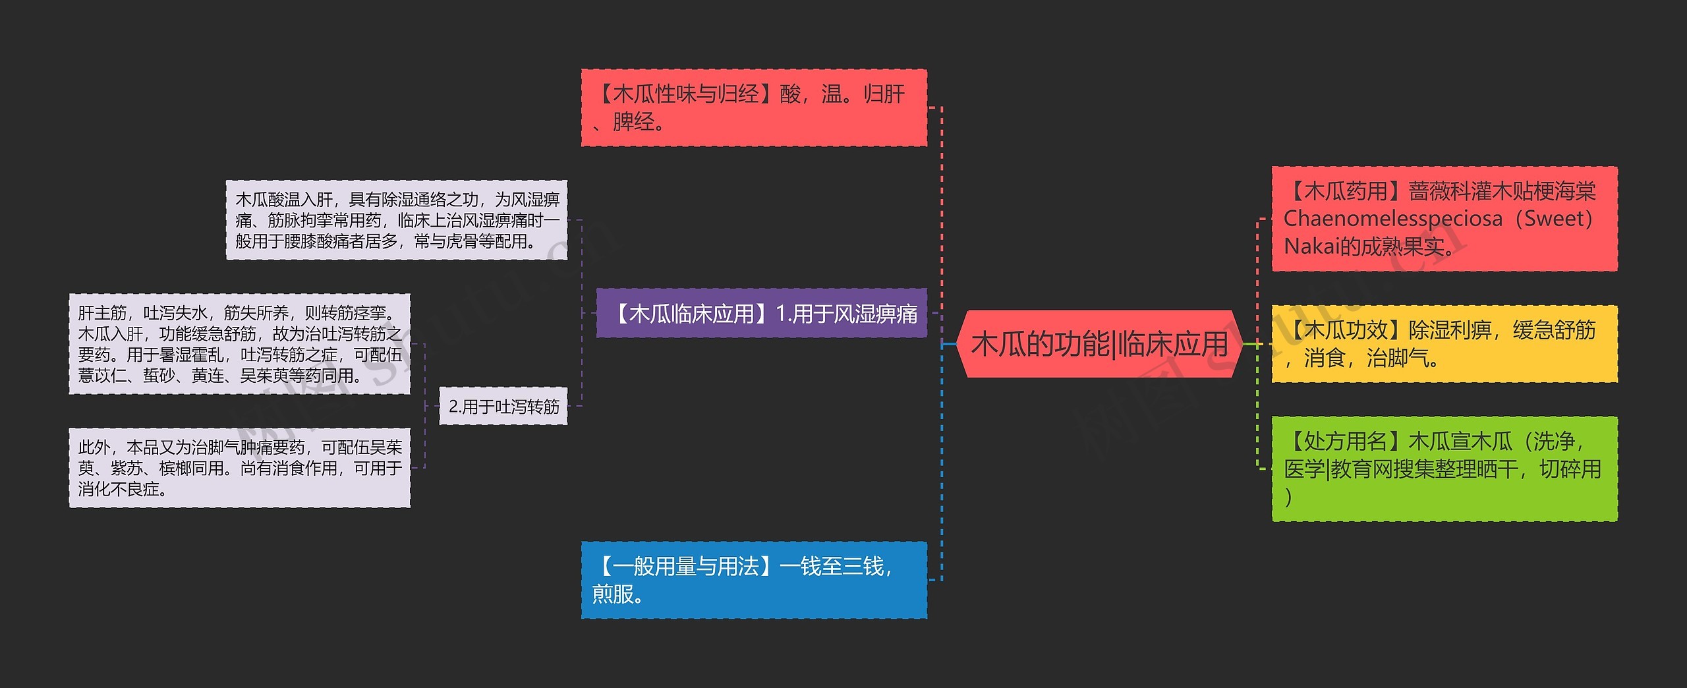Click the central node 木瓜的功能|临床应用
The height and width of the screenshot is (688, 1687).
(x=1099, y=344)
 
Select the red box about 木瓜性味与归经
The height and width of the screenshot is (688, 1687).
(x=753, y=107)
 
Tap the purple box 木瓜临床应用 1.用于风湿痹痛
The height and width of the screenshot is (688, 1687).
(x=761, y=313)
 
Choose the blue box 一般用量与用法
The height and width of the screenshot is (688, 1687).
(x=753, y=580)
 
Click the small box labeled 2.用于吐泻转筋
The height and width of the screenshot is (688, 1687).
(x=503, y=407)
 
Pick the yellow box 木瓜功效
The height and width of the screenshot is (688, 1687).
(x=1444, y=343)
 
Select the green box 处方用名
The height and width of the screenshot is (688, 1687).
(x=1444, y=469)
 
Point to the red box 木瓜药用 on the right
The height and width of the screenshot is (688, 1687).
(x=1444, y=219)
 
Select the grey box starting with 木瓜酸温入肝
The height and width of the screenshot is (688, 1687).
(x=397, y=220)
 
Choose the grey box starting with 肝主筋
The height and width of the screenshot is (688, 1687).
(x=239, y=344)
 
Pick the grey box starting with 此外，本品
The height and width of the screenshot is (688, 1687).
(x=239, y=468)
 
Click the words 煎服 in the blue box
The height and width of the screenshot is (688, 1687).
(x=613, y=594)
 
